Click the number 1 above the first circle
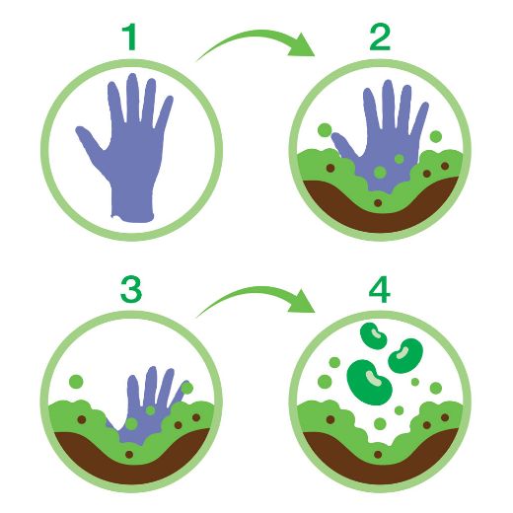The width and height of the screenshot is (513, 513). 130,37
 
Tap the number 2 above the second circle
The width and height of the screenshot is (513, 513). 380,37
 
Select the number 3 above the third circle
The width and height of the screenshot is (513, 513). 131,289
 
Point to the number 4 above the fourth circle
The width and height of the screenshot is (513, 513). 380,289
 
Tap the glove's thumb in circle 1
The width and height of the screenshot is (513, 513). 91,140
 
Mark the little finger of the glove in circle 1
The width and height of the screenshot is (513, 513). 165,111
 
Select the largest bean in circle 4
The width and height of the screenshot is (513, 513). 370,382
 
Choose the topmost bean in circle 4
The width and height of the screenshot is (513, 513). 374,335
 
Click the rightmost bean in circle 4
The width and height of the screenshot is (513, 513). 405,355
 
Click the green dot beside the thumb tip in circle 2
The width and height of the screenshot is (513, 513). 325,130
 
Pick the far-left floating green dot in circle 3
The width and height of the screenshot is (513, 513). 76,382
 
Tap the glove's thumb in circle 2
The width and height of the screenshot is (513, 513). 343,145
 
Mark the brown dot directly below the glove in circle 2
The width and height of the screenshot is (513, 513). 378,203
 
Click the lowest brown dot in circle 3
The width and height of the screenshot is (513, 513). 129,455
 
